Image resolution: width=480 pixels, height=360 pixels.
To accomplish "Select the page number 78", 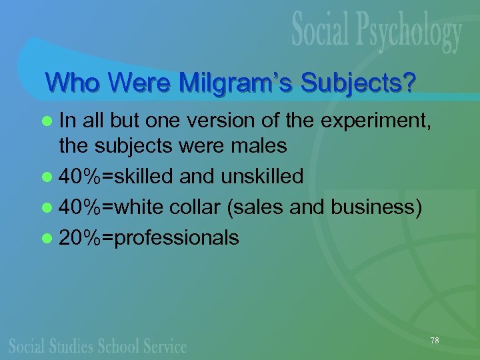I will pos(435,341).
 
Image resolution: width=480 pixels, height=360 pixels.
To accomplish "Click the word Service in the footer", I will pos(163,345).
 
